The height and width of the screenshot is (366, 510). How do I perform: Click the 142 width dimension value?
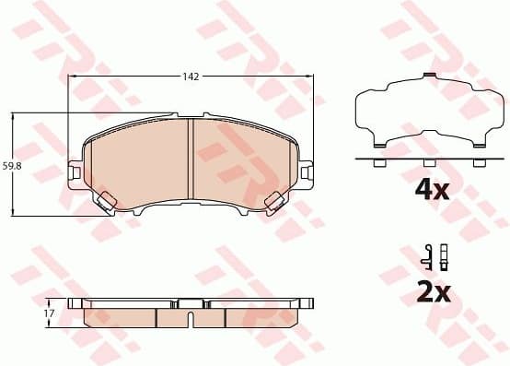pos(191,77)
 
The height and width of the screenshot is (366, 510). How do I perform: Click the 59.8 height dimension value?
pos(11,166)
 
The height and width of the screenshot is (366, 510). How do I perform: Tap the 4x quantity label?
pos(432,191)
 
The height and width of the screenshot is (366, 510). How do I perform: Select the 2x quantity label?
pos(432,293)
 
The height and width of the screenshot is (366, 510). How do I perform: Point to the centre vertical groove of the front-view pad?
pos(190,162)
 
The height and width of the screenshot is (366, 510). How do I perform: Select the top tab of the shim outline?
pos(425,78)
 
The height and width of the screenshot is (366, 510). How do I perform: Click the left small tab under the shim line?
pos(377,163)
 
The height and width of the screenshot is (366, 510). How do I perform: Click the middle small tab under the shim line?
pos(427,163)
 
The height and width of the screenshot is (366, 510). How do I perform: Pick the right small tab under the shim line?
pos(478,163)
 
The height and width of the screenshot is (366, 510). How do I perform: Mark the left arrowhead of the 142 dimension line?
pos(75,77)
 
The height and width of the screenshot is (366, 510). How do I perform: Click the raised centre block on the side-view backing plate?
pos(191,302)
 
